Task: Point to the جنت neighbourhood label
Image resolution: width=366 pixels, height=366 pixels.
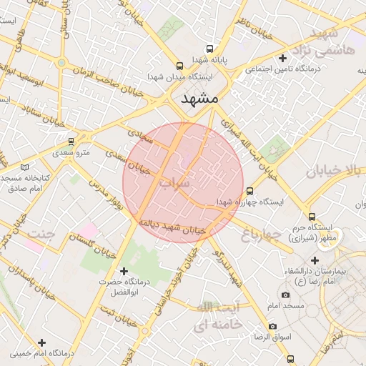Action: pyautogui.click(x=41, y=234)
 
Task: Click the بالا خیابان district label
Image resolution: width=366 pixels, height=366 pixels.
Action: pyautogui.click(x=335, y=171)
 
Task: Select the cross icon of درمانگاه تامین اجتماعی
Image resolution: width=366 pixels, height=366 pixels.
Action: pyautogui.click(x=283, y=58)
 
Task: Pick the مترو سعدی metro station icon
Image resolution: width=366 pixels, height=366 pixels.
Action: pyautogui.click(x=71, y=142)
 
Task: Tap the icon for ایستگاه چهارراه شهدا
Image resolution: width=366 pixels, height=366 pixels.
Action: pyautogui.click(x=249, y=191)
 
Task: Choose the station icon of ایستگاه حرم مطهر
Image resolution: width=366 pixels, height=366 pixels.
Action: pyautogui.click(x=311, y=217)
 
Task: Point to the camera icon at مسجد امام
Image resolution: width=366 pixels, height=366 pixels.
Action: pyautogui.click(x=285, y=295)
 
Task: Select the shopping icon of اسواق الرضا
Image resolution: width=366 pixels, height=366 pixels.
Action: pyautogui.click(x=273, y=326)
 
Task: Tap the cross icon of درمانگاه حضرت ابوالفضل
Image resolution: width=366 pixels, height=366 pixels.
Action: pyautogui.click(x=124, y=272)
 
